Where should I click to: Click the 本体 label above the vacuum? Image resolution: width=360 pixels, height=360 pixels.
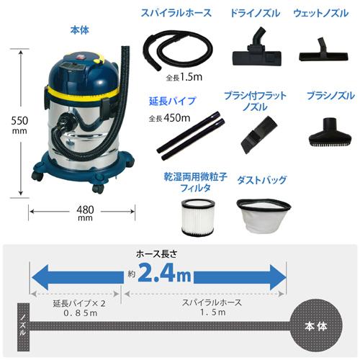click(x=79, y=32)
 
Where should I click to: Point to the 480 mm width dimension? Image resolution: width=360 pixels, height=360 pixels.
click(x=84, y=215)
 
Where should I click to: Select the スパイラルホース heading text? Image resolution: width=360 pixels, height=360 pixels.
click(x=176, y=14)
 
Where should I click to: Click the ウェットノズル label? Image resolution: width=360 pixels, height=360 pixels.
click(x=320, y=14)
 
